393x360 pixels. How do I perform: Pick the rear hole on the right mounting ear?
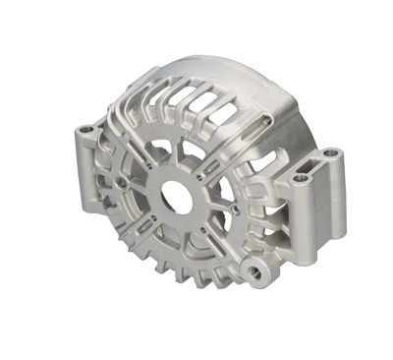click(329, 154)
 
